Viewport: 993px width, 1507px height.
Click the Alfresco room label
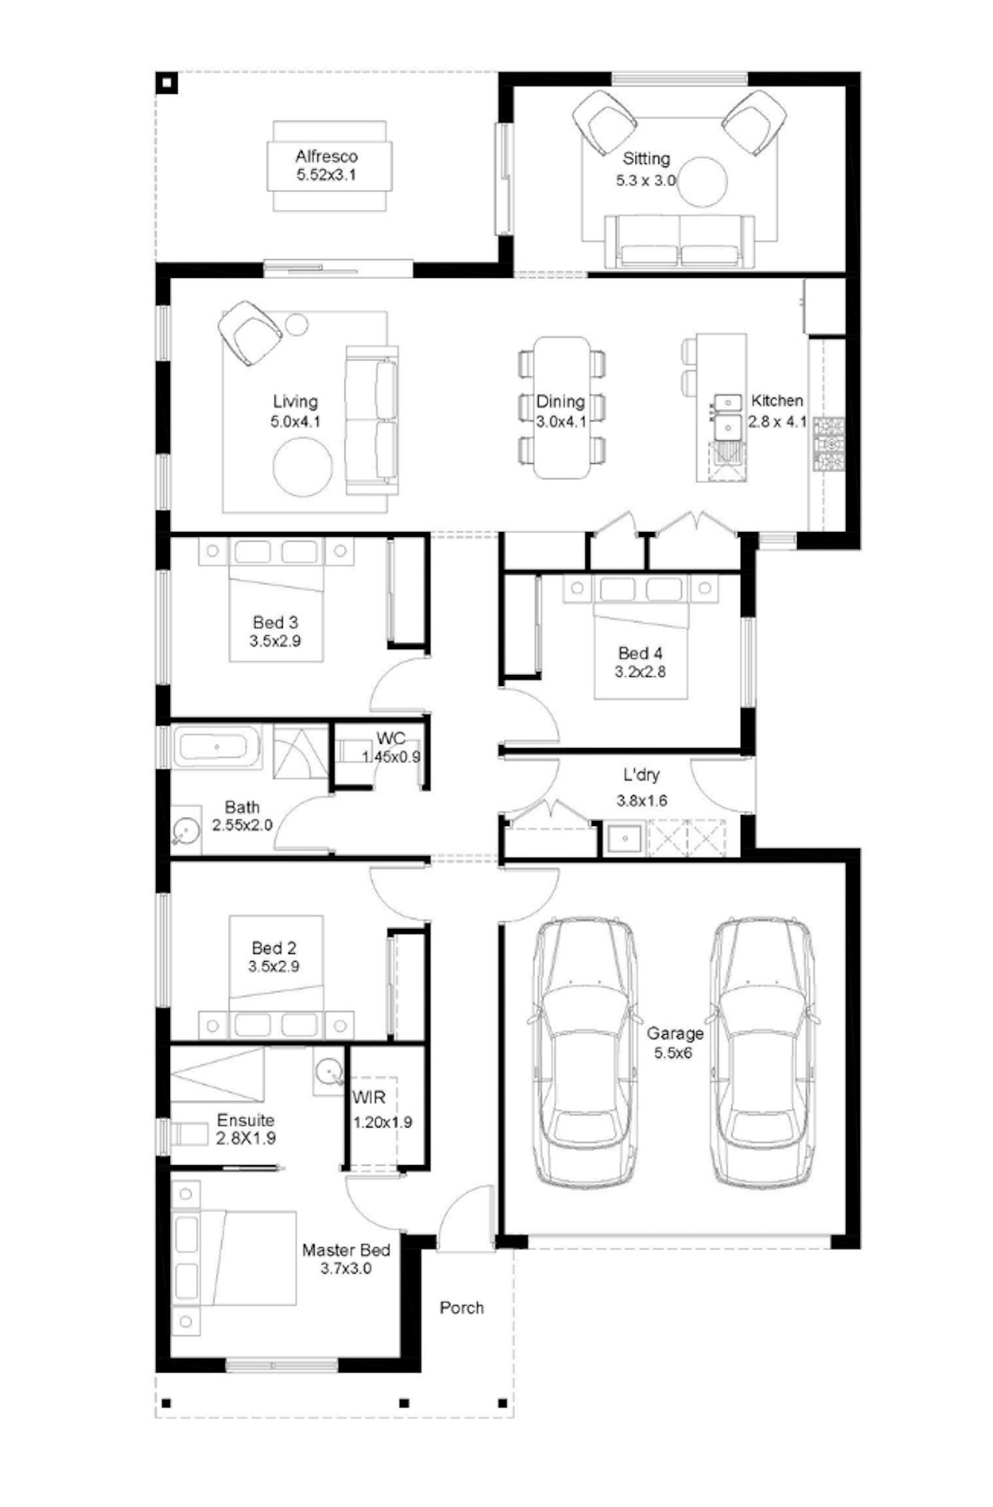(x=326, y=156)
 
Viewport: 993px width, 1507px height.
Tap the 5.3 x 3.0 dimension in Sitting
(x=645, y=180)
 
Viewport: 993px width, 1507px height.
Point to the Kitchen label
(x=777, y=400)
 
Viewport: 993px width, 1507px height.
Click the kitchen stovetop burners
(x=828, y=444)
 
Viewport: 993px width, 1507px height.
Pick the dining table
(x=562, y=407)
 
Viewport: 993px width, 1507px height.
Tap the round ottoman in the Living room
(x=302, y=467)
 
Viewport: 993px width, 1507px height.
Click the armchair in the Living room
(x=249, y=333)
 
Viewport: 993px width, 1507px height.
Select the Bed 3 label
(x=275, y=622)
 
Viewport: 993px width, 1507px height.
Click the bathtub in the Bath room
(x=217, y=747)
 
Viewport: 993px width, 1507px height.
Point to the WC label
(x=391, y=738)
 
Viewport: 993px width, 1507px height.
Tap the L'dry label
(x=641, y=775)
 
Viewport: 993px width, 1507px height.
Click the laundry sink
(x=624, y=838)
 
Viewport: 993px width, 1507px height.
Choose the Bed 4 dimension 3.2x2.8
(x=640, y=672)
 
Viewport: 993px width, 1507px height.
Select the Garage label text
(x=675, y=1033)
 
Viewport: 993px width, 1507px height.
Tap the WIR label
(x=369, y=1098)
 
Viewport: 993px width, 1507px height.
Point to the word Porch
(x=461, y=1308)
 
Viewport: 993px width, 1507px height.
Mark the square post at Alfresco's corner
(x=167, y=84)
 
